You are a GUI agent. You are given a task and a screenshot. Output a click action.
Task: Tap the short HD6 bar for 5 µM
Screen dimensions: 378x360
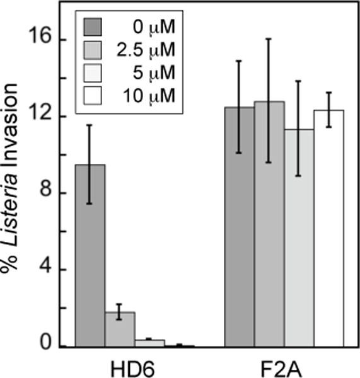(149, 343)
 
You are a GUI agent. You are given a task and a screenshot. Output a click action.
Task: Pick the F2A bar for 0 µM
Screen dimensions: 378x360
(240, 227)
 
